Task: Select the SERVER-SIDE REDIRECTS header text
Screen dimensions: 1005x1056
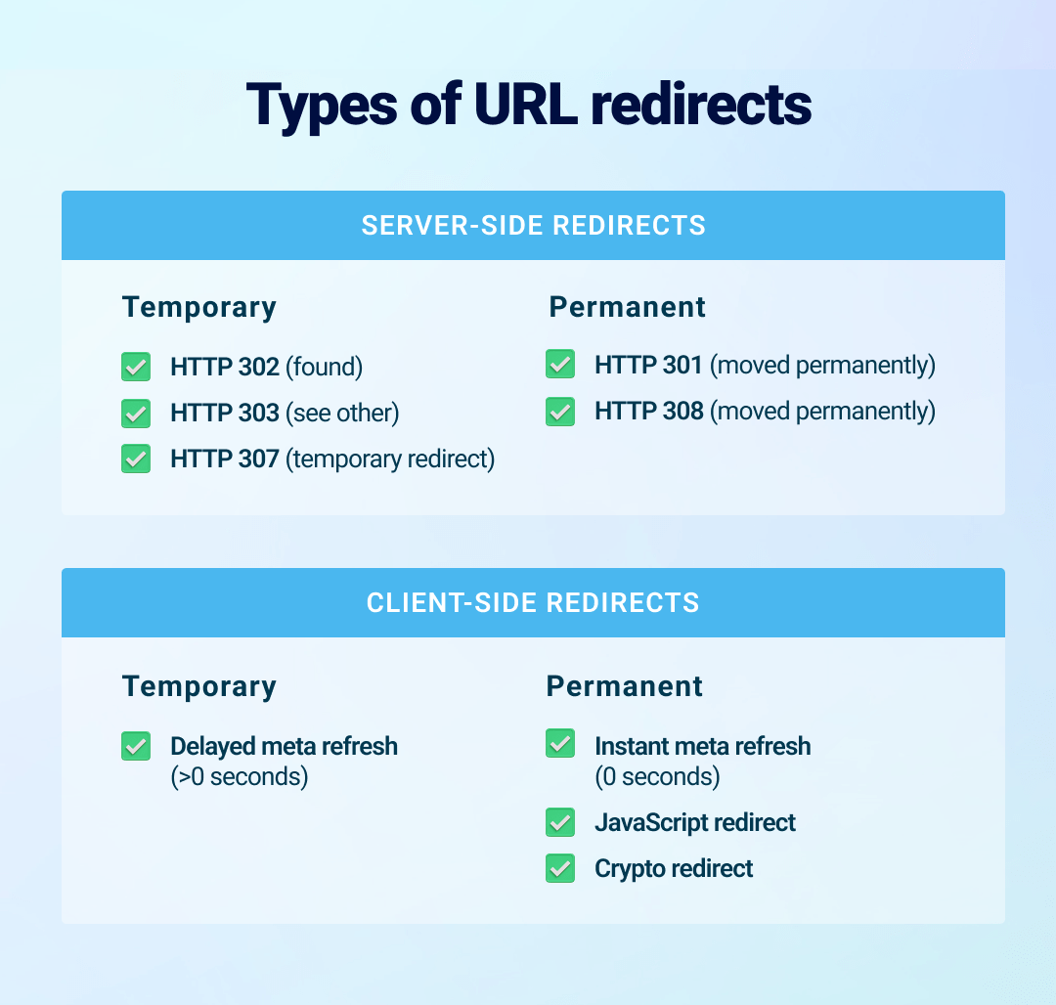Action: coord(533,225)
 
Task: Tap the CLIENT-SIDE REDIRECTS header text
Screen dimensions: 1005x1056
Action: coord(533,602)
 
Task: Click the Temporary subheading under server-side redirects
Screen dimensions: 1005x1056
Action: coord(199,307)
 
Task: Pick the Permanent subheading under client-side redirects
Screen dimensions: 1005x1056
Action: coord(625,686)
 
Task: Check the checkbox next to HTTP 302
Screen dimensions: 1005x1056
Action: coord(136,367)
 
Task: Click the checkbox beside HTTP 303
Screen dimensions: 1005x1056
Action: coord(136,413)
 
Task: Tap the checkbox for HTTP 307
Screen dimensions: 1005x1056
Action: coord(136,459)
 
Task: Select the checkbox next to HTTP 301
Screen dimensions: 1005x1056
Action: coord(560,365)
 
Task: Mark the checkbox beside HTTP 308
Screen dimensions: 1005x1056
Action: coord(560,412)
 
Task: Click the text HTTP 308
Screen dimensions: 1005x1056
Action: coord(649,412)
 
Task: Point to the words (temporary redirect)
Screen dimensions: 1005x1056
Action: coord(390,459)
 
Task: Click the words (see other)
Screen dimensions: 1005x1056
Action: coord(342,413)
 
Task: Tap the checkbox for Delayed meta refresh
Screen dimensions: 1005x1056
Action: coord(136,746)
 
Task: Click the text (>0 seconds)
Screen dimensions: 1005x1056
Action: coord(239,777)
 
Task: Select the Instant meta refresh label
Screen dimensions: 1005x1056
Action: coord(702,746)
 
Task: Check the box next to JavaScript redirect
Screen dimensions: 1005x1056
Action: coord(560,822)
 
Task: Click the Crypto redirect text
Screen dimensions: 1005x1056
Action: coord(674,868)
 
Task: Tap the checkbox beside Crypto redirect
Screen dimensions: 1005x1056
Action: coord(560,868)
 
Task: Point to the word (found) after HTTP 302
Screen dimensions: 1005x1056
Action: coord(324,367)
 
